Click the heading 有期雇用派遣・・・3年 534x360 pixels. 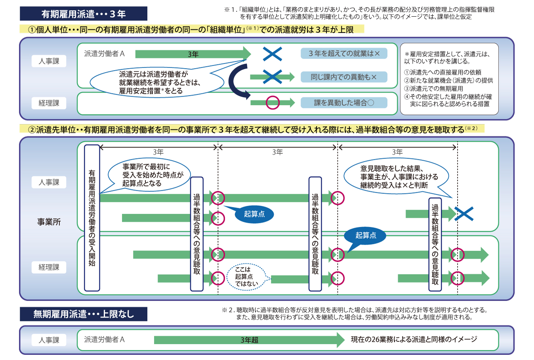[84, 14]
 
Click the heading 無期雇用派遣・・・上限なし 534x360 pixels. [84, 314]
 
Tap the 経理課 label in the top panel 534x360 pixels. [49, 103]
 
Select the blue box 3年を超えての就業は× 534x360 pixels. [344, 54]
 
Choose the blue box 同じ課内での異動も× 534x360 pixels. [344, 77]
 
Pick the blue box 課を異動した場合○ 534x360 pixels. [344, 103]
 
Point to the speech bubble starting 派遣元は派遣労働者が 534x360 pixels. [157, 82]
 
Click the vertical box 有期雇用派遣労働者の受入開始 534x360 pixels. [92, 218]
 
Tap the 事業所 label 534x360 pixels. [49, 222]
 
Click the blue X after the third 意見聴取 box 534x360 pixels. [464, 214]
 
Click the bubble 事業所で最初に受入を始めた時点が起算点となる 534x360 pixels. [149, 175]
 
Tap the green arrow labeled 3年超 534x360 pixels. [249, 340]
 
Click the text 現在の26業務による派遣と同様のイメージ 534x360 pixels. [414, 339]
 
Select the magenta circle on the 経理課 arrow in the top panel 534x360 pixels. [273, 103]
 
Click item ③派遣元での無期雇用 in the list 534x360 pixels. [433, 89]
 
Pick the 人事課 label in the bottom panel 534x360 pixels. [49, 340]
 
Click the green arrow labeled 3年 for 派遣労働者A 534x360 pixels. [193, 54]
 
